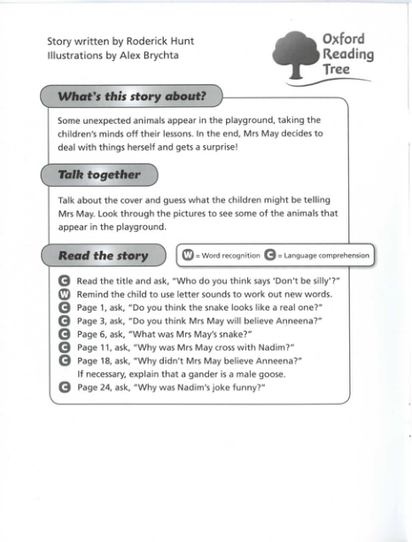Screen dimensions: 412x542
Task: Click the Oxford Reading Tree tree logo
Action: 292,52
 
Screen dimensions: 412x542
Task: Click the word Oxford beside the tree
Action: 343,39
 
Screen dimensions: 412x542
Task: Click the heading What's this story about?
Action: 130,96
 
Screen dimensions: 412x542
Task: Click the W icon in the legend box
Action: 187,255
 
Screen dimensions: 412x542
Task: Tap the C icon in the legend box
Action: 268,255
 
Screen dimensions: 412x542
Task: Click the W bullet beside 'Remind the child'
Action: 63,293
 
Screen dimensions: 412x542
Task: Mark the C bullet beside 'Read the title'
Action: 63,280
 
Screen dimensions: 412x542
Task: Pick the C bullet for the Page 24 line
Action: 63,387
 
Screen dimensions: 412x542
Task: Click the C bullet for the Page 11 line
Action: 63,346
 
